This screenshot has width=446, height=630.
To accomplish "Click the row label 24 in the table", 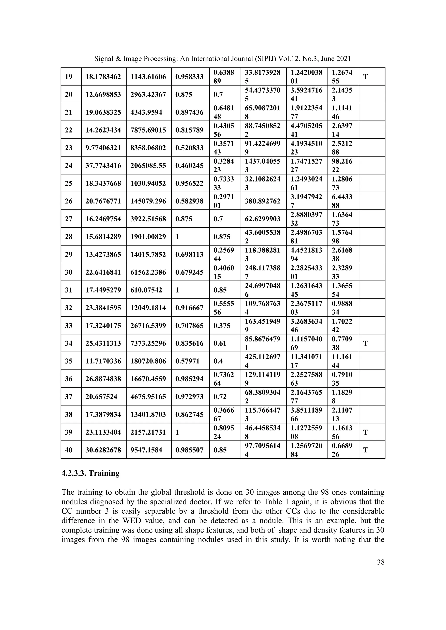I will pos(69,165).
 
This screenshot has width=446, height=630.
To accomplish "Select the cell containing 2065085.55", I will pos(148,165).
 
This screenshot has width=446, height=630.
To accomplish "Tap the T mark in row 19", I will pos(366,77).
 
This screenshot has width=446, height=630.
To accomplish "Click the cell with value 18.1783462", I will pos(103,77).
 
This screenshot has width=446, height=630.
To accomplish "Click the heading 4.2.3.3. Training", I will pos(90,473).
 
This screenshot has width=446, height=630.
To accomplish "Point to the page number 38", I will pos(381,562).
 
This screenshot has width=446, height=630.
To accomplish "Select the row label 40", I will pos(69,450).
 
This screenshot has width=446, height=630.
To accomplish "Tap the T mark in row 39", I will pos(366,432).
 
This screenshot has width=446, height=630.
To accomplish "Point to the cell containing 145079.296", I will pos(148,201).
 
